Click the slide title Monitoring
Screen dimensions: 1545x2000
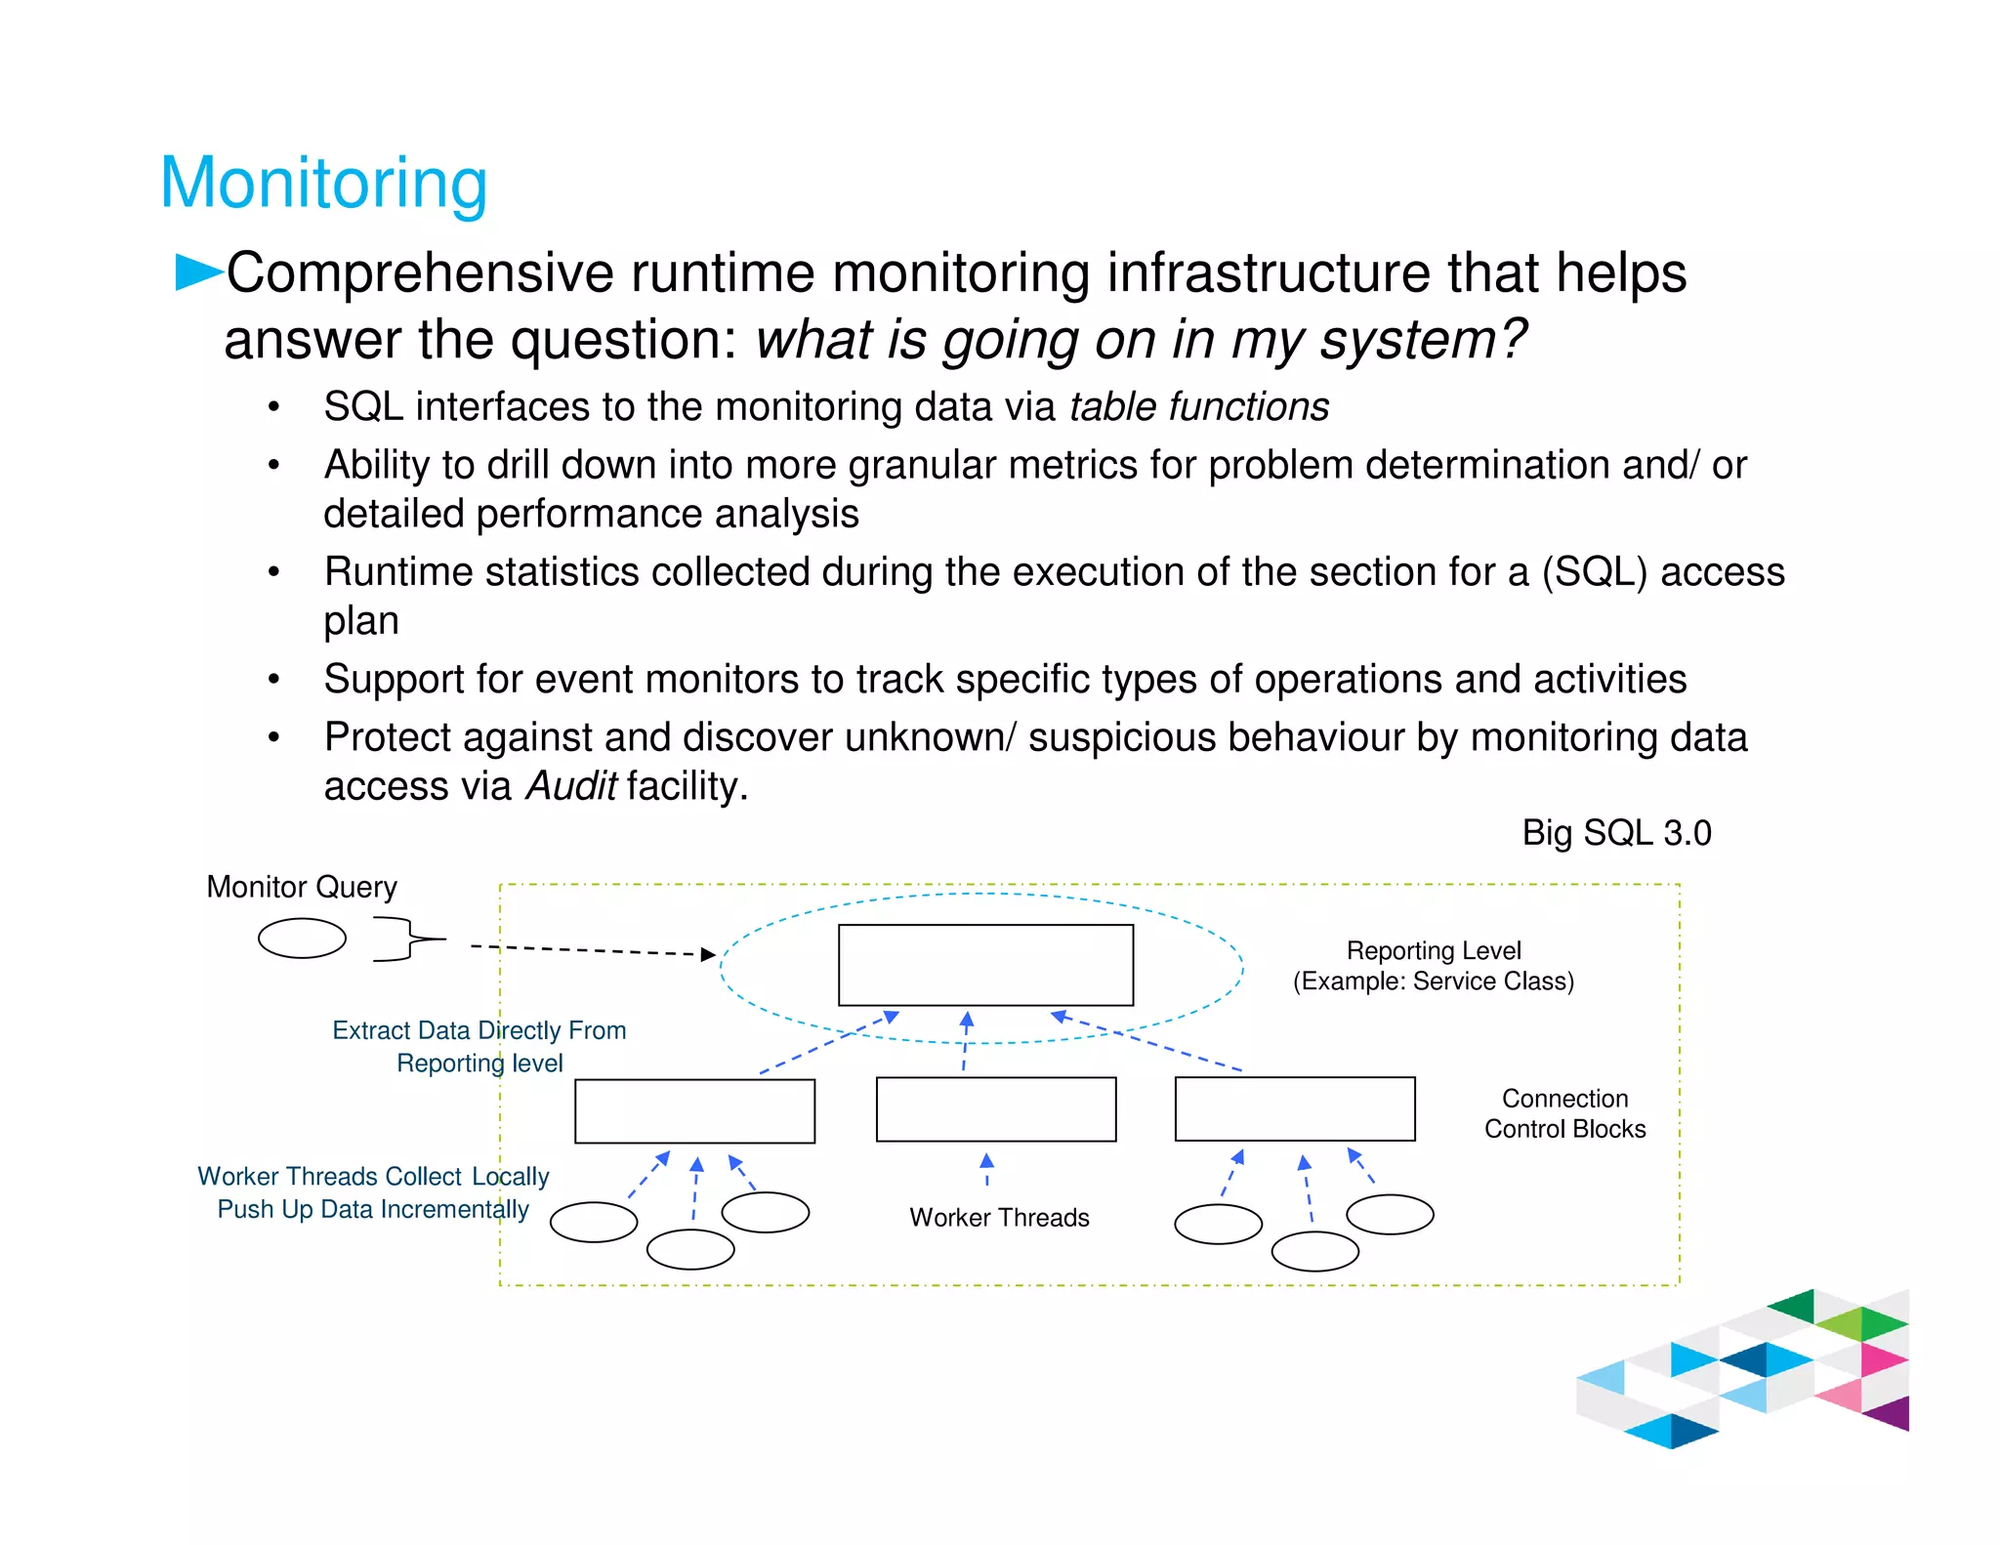(323, 183)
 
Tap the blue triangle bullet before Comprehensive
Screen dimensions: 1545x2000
(196, 271)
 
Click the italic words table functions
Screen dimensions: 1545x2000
(1198, 406)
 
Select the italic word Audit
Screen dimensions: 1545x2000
(570, 786)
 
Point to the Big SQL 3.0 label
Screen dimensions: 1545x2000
(1616, 833)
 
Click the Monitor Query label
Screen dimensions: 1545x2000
(302, 887)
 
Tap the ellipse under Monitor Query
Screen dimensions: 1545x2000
(302, 939)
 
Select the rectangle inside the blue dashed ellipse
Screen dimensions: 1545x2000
(985, 965)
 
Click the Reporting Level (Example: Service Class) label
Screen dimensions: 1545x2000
(1434, 966)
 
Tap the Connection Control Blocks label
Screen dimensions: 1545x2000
(1564, 1113)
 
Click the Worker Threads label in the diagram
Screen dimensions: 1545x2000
(999, 1218)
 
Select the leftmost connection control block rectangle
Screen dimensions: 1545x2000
(694, 1111)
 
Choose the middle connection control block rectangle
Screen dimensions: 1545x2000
(996, 1109)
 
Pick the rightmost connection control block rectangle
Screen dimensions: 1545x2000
(1295, 1109)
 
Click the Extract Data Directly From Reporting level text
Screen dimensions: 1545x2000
(479, 1046)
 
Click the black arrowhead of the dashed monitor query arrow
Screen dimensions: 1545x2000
(708, 954)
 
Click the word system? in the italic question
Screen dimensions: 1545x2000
(1423, 340)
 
